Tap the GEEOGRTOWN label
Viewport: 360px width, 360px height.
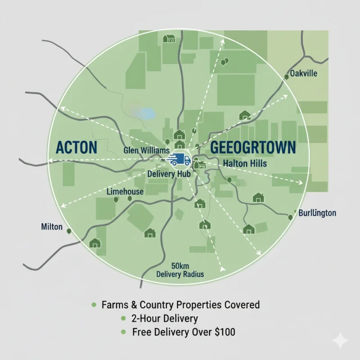point(253,148)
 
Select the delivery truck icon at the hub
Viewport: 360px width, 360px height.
point(180,160)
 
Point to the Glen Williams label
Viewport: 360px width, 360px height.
point(146,150)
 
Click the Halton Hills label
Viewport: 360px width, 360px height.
point(245,164)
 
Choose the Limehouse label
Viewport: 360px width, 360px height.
point(125,192)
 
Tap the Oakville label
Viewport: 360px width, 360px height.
point(304,73)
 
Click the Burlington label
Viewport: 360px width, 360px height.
point(317,213)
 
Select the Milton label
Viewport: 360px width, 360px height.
point(51,227)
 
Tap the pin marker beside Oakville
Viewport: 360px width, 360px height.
point(287,77)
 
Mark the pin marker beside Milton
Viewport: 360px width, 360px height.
point(69,231)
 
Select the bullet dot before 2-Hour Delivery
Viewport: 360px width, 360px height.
point(123,319)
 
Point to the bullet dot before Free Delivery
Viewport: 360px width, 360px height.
point(123,333)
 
